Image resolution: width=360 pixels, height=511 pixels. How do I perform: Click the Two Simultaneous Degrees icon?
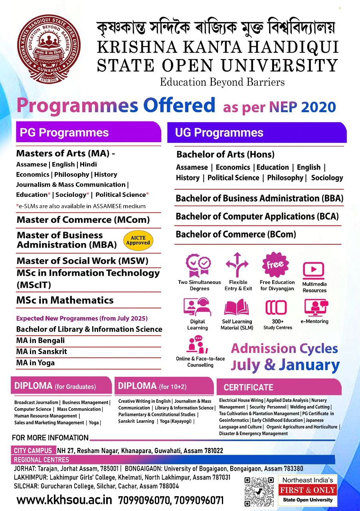click(x=199, y=265)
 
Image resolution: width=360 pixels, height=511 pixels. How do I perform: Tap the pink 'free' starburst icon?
click(x=275, y=264)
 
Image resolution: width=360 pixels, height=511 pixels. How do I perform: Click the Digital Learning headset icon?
click(x=197, y=307)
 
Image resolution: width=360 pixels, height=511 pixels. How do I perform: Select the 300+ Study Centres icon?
click(x=276, y=307)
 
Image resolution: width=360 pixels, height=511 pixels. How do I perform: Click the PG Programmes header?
click(x=64, y=133)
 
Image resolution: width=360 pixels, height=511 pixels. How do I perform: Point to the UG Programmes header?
click(x=219, y=133)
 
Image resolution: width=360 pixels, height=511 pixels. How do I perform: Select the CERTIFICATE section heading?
click(x=248, y=387)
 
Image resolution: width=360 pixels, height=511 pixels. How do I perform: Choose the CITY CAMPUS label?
click(x=34, y=450)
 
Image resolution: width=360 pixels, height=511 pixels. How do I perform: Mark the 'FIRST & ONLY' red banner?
click(x=307, y=490)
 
